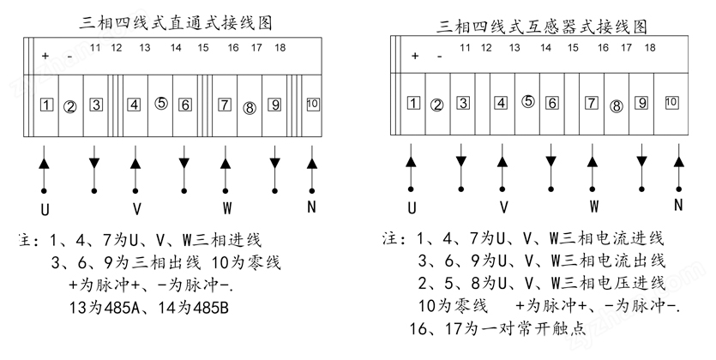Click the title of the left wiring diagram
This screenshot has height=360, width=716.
click(176, 22)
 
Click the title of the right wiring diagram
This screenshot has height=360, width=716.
click(542, 26)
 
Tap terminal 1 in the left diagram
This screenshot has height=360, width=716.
click(46, 105)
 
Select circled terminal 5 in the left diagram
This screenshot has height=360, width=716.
click(161, 104)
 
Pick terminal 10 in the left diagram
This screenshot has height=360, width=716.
click(312, 104)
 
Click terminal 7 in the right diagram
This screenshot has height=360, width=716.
click(592, 103)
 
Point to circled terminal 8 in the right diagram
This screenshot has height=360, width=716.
click(617, 106)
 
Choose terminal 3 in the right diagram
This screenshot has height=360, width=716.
click(463, 103)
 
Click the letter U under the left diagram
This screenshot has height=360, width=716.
click(45, 209)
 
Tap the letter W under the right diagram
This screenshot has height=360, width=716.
click(593, 207)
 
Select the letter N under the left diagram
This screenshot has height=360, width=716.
click(311, 207)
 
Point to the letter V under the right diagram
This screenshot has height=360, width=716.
click(503, 207)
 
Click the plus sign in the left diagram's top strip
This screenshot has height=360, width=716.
click(45, 56)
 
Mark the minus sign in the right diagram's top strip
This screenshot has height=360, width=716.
click(439, 57)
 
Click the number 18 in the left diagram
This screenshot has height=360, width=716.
click(280, 47)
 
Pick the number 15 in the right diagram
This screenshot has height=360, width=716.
click(573, 47)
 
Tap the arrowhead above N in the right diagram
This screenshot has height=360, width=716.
click(678, 162)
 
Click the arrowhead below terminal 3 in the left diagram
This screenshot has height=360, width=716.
click(94, 163)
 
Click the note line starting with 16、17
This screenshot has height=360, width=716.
click(497, 328)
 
